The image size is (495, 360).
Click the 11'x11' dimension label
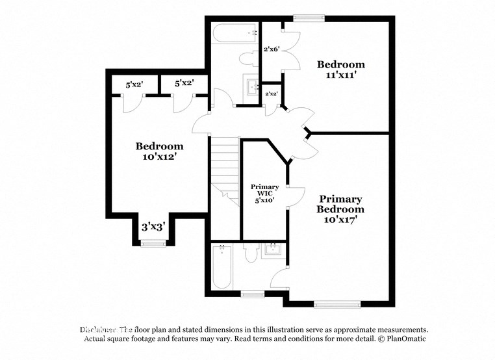click(x=341, y=75)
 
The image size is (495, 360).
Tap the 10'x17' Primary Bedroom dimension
click(x=341, y=220)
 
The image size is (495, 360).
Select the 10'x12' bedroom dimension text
click(x=159, y=157)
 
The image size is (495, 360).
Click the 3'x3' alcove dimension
click(x=153, y=227)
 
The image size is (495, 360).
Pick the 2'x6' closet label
click(x=272, y=49)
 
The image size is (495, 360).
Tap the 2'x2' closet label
click(x=272, y=94)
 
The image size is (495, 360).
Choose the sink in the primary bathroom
click(x=272, y=250)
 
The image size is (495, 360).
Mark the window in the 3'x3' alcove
click(x=153, y=243)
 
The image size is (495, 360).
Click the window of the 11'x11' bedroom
click(x=303, y=18)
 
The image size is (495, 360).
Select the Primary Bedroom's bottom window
click(x=337, y=303)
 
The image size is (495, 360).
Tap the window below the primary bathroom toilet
click(x=251, y=294)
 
